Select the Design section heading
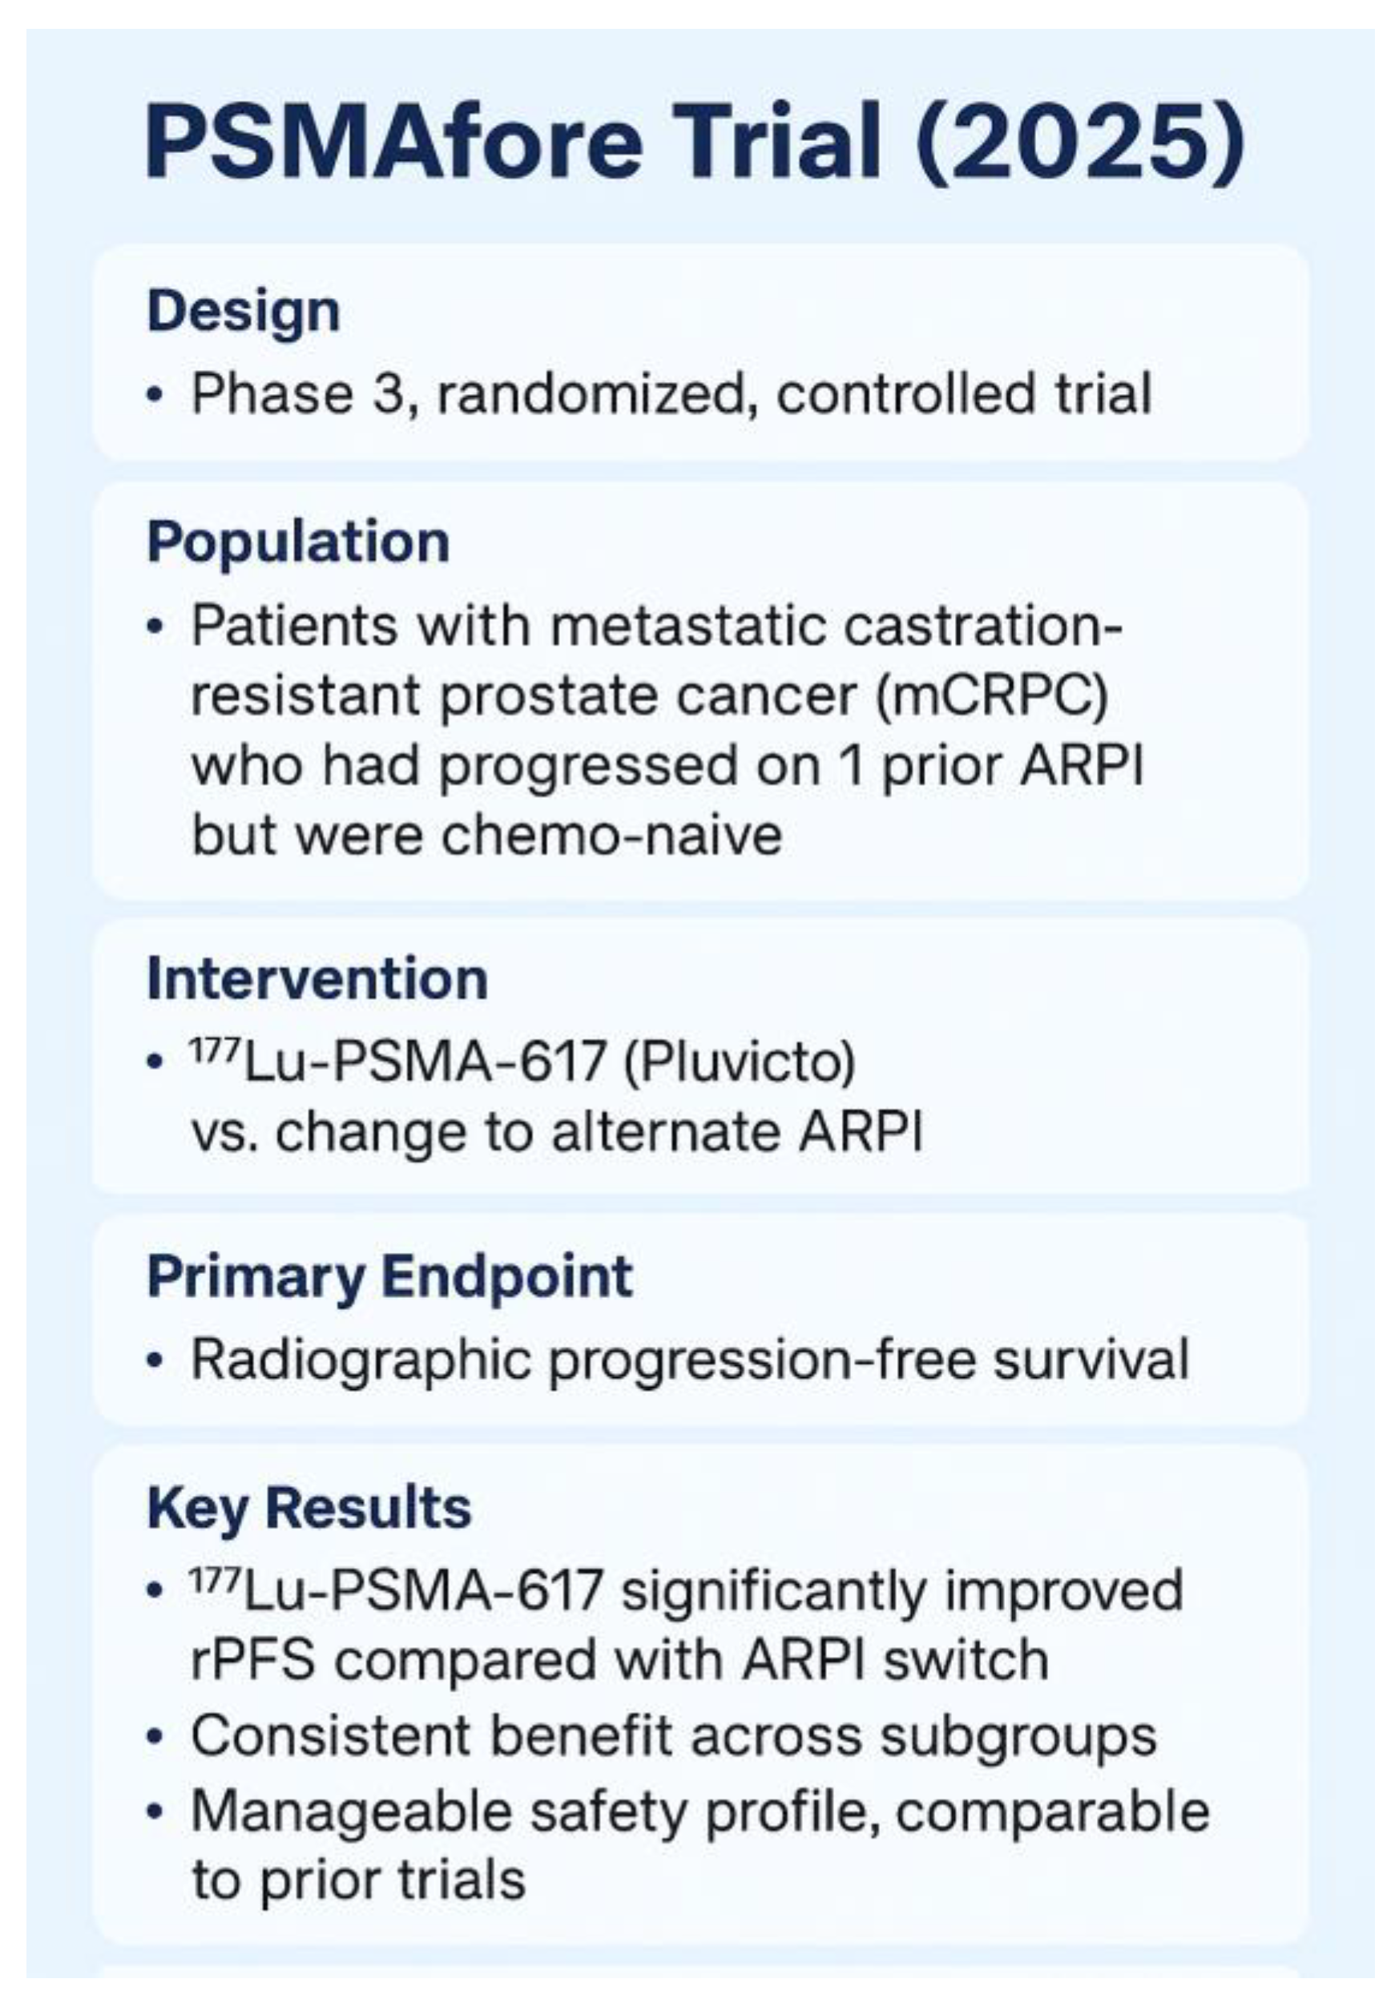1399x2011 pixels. pyautogui.click(x=244, y=312)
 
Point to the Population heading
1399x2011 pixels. pyautogui.click(x=299, y=542)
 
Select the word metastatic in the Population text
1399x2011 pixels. pyautogui.click(x=688, y=626)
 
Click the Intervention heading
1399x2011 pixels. pyautogui.click(x=317, y=978)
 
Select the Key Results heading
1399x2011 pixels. pyautogui.click(x=309, y=1507)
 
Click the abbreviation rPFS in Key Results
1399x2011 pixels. pyautogui.click(x=253, y=1660)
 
